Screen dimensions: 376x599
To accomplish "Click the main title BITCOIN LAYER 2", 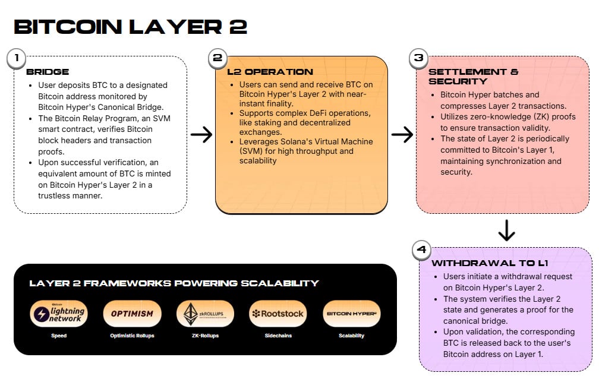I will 130,27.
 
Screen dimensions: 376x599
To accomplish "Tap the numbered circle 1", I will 17,58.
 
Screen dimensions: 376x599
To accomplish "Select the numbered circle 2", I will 217,58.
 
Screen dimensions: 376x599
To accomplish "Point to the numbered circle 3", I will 418,58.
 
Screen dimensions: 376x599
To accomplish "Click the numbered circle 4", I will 422,249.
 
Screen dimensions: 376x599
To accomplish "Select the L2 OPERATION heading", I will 261,72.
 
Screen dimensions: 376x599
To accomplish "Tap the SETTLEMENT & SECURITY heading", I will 473,77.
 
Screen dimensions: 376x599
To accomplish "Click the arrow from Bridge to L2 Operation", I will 201,135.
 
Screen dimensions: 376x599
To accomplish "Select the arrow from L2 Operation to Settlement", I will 402,135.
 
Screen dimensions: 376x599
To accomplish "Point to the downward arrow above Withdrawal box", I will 506,230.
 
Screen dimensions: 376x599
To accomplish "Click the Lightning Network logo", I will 58,314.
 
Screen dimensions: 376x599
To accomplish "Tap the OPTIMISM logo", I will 132,314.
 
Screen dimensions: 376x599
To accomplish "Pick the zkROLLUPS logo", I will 205,314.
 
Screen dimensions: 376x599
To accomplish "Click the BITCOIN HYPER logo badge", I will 352,314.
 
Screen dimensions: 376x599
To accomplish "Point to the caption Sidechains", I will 278,336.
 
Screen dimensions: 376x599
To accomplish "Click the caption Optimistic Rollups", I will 132,336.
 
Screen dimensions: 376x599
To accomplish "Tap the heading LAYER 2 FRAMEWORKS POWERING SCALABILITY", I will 174,283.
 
